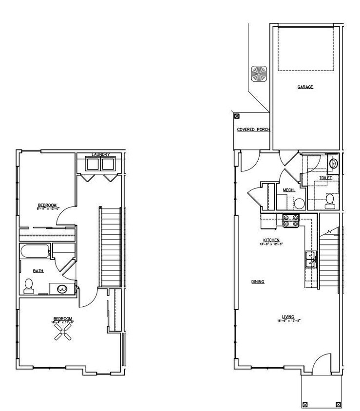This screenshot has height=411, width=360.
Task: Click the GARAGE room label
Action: coord(305,87)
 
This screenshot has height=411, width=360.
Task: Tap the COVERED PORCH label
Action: coord(253,130)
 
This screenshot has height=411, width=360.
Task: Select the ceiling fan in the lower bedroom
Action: coord(63,334)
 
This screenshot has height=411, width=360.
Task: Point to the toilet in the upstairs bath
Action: coord(29,286)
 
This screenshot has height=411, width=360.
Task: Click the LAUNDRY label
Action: coord(100,155)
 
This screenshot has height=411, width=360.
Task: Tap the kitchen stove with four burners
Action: coord(291,221)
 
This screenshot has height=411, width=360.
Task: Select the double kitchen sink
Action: coord(308,260)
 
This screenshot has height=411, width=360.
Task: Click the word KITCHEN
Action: coord(271,240)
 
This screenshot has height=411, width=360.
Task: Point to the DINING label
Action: coord(258,281)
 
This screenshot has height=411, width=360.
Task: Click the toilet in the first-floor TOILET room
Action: coord(330,199)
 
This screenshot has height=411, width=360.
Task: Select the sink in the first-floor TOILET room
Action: coord(333,163)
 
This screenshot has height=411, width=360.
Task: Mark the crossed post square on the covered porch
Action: coord(237,116)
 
